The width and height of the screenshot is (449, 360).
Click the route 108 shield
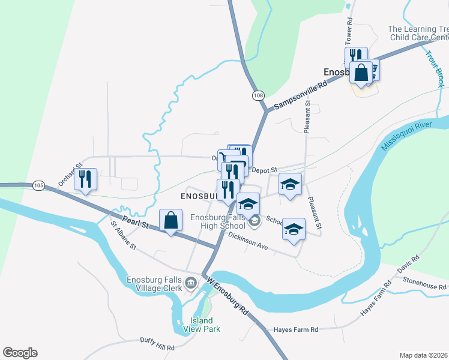click(258, 95)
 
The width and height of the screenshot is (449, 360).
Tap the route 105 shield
click(39, 185)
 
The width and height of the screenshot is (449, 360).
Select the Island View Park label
click(205, 324)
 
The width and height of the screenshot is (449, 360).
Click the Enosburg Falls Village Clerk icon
click(191, 282)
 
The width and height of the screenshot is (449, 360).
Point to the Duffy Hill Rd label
click(157, 348)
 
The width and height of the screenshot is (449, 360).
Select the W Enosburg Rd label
click(227, 296)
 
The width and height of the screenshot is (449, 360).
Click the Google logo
click(20, 353)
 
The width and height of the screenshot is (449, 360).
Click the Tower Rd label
click(348, 28)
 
